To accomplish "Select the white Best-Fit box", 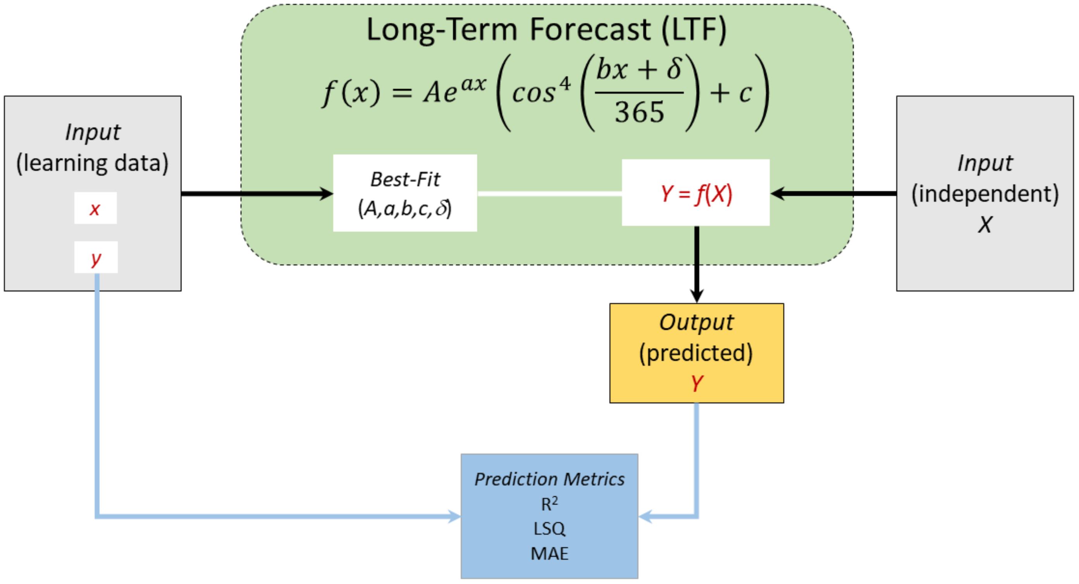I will (x=404, y=193).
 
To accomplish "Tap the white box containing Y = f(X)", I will (x=695, y=193).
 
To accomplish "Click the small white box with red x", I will (x=95, y=208).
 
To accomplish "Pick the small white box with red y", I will (x=96, y=258).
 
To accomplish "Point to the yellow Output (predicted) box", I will (x=696, y=352).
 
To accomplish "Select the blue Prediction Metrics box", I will (x=549, y=516).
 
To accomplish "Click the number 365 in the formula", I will (x=639, y=112).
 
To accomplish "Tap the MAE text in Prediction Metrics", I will (x=549, y=553).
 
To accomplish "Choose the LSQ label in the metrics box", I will (x=549, y=528).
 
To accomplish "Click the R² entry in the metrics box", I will (x=549, y=503).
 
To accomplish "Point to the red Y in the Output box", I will (x=697, y=383).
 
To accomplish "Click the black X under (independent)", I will (x=985, y=225).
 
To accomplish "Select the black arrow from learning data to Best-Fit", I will (x=255, y=193).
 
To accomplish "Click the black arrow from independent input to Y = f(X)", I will (x=833, y=193).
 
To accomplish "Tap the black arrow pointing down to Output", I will (x=697, y=264).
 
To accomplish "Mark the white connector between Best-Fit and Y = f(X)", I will (x=549, y=193).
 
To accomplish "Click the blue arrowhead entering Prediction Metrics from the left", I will (x=454, y=516).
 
